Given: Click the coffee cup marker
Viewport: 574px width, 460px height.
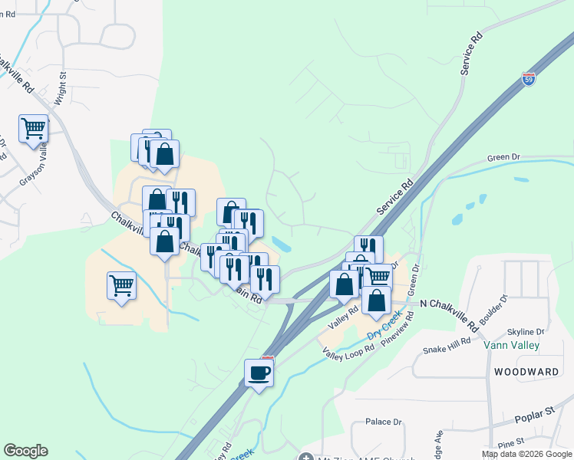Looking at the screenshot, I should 259,373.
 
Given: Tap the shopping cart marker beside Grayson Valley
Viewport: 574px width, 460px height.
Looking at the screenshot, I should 34,130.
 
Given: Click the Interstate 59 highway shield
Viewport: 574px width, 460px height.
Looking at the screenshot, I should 529,78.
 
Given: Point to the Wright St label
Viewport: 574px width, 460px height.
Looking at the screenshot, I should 61,90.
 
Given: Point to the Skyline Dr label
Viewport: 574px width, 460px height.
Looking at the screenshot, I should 526,332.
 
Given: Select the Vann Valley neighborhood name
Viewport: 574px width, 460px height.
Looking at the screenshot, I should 512,346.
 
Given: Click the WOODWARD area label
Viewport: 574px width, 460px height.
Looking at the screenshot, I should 526,372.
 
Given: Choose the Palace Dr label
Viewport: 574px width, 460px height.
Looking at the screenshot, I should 384,422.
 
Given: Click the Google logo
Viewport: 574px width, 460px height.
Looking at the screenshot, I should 25,451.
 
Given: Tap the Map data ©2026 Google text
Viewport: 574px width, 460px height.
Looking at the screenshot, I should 526,454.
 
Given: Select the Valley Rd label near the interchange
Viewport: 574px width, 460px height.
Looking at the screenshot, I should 344,314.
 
